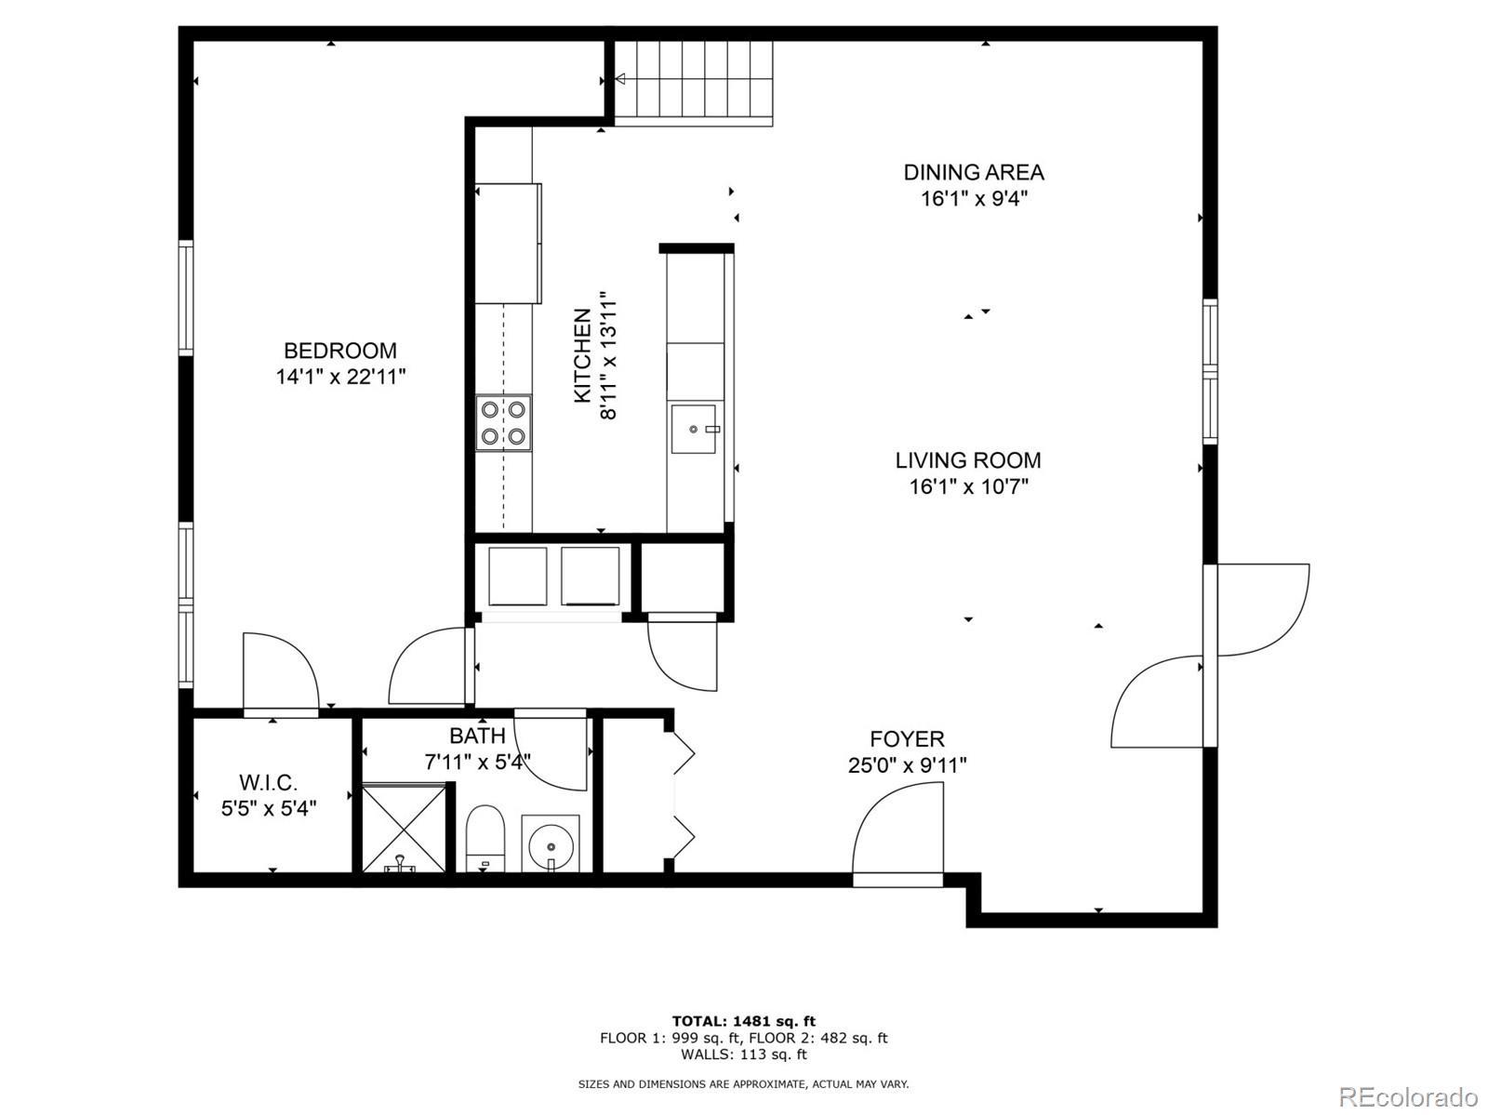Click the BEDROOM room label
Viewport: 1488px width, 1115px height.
click(x=339, y=351)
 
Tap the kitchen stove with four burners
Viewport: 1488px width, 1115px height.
click(x=503, y=423)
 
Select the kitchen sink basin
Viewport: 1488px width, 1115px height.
click(x=694, y=429)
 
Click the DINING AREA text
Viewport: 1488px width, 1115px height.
click(x=974, y=172)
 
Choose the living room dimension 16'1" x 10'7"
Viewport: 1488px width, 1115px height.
click(x=969, y=486)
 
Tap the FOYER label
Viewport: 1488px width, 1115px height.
click(x=907, y=738)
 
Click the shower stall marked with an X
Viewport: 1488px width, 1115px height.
click(x=404, y=828)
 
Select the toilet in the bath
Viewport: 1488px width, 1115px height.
click(x=485, y=838)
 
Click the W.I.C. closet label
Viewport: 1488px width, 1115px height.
click(x=269, y=783)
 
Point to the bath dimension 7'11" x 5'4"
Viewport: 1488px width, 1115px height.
click(x=477, y=763)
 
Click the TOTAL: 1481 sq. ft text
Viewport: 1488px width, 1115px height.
click(x=744, y=1021)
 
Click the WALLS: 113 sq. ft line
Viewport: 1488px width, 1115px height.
click(x=744, y=1054)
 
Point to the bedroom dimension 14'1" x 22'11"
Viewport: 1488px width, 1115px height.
click(x=340, y=377)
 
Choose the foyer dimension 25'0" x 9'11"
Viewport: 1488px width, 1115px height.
click(x=907, y=765)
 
